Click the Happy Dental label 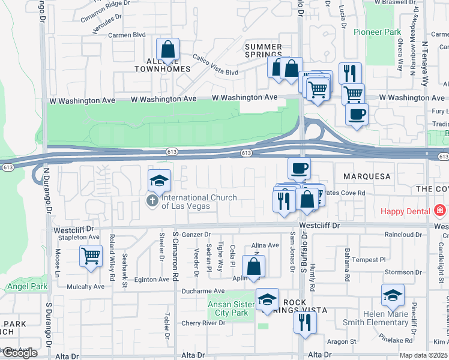405,211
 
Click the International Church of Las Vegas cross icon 154,201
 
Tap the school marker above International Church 160,181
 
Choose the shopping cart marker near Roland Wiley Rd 91,257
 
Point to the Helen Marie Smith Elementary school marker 393,296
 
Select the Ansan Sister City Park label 228,308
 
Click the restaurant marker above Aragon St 305,323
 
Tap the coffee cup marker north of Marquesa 299,169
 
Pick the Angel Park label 27,287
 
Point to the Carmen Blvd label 127,35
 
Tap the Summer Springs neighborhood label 264,51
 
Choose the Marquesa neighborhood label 367,176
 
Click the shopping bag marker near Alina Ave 253,266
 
